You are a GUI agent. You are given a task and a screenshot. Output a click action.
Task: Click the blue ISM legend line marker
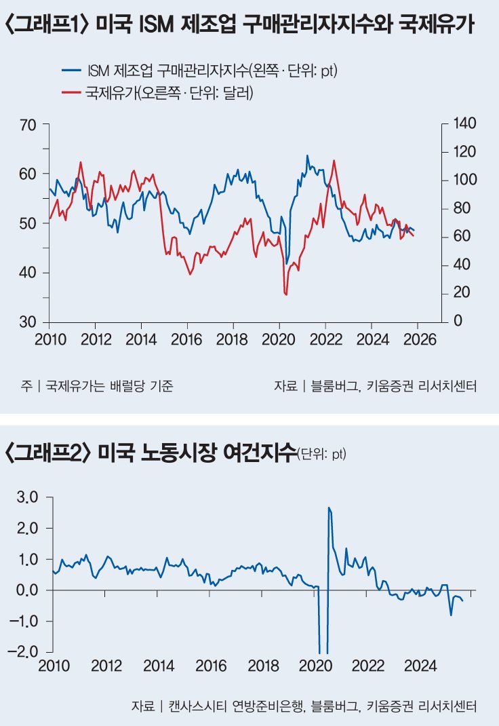point(71,70)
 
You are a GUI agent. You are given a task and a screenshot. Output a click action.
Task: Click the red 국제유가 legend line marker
point(71,93)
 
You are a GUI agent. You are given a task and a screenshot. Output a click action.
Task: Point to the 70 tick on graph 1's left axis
point(29,125)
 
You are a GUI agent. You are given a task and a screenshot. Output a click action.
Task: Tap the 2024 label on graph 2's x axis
point(419,666)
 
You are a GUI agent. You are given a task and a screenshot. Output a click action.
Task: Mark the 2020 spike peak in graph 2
point(328,508)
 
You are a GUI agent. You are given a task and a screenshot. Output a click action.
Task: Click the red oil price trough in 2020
point(286,294)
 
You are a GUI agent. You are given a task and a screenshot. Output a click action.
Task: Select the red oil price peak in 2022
point(334,160)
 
